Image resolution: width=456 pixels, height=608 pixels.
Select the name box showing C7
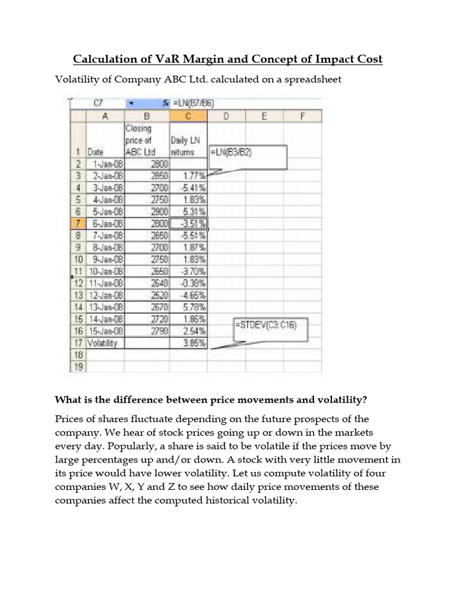(x=99, y=103)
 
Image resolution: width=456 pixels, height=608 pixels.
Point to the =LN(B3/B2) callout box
(x=248, y=153)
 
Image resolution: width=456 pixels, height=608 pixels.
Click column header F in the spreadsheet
(x=303, y=116)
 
